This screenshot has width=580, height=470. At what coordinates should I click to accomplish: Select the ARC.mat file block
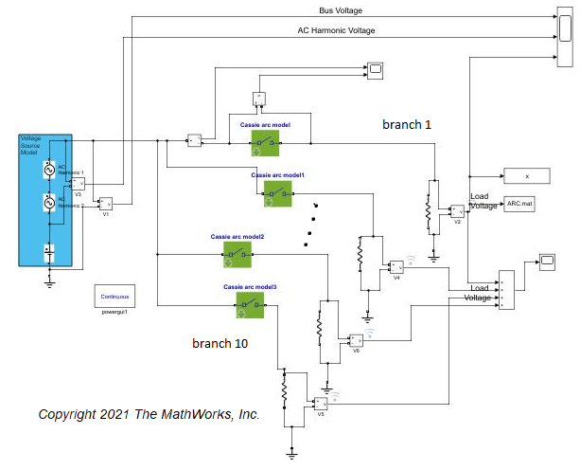[520, 203]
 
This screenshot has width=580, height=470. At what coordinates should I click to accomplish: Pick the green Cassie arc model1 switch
[278, 193]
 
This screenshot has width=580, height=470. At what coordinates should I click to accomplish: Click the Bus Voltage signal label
[342, 10]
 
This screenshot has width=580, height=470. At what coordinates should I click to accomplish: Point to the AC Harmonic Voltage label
[336, 30]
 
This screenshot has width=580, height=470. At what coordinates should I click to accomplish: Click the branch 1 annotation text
[407, 124]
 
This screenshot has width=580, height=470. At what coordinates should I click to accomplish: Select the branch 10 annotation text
[220, 343]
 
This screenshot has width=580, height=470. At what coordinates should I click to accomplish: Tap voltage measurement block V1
[106, 203]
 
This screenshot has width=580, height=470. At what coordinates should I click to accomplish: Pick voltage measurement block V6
[356, 340]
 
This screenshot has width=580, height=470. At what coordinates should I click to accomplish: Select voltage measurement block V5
[321, 405]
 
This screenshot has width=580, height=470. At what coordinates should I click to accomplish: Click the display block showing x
[527, 175]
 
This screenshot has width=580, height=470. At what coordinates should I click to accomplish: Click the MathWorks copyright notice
[149, 415]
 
